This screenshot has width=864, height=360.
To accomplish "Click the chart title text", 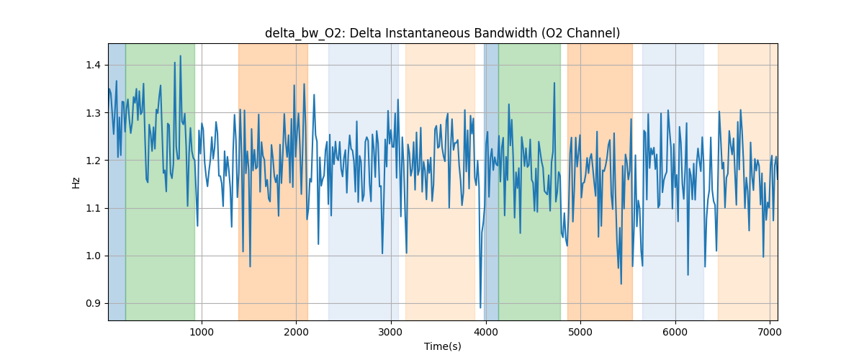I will click(x=442, y=33).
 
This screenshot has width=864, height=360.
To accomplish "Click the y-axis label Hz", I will click(x=76, y=182).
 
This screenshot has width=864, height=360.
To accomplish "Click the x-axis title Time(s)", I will click(x=442, y=346).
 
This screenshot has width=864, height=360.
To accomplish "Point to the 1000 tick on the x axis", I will click(x=202, y=332).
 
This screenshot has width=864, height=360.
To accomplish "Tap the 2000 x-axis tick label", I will click(x=296, y=332).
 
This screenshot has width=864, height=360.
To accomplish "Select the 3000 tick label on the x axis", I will click(x=391, y=332).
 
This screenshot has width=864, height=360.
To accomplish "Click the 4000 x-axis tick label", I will click(x=485, y=332).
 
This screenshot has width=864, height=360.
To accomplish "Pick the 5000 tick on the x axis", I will click(x=580, y=332).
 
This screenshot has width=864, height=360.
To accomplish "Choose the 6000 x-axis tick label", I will click(x=675, y=332).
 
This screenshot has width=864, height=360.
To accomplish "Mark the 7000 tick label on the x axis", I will click(x=770, y=332).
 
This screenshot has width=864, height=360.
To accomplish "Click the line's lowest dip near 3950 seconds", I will click(x=480, y=307).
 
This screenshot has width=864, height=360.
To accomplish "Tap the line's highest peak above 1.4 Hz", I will click(x=175, y=62).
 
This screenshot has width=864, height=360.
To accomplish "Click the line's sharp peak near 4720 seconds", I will click(x=554, y=83).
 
